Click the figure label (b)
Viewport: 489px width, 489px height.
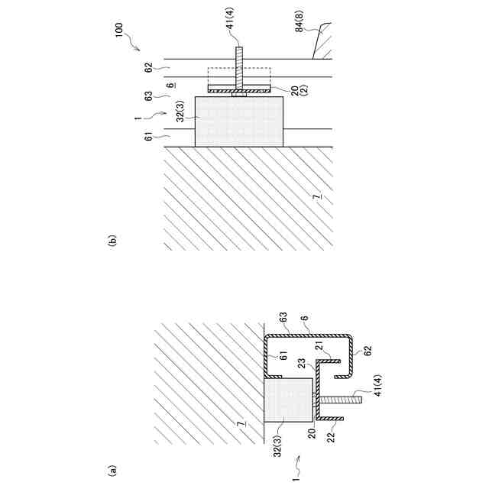coord(112,243)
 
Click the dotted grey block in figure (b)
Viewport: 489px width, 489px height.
coord(240,120)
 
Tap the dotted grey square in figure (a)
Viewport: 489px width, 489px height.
coord(288,400)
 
